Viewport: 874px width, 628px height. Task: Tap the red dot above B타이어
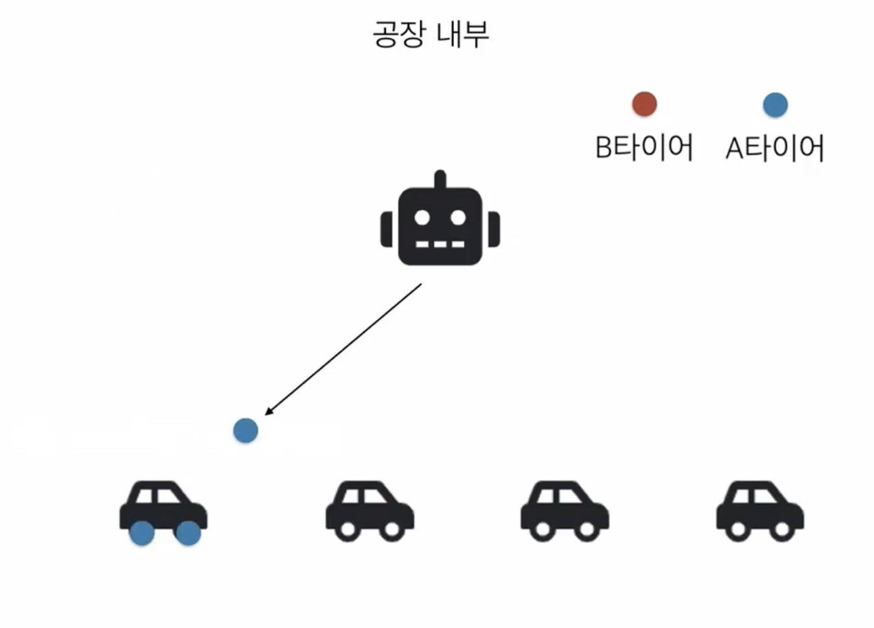[x=644, y=104]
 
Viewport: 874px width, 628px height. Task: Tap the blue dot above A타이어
[x=775, y=104]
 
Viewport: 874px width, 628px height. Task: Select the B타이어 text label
[x=644, y=147]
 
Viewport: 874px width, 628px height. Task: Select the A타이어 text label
[x=775, y=148]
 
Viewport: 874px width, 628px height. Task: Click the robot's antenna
[x=440, y=179]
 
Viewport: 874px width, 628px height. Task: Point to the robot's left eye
[x=422, y=217]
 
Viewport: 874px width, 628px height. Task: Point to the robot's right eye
[x=458, y=217]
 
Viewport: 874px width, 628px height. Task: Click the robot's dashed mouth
[x=440, y=245]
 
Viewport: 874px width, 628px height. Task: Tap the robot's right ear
[x=493, y=229]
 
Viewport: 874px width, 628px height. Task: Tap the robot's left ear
[x=387, y=229]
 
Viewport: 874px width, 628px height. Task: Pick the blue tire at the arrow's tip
[x=246, y=430]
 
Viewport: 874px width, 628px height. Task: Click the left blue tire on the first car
[x=142, y=533]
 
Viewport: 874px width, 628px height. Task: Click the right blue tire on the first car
[x=188, y=533]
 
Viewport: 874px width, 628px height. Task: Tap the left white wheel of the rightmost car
[x=738, y=530]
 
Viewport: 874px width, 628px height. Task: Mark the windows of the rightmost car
[x=756, y=497]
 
